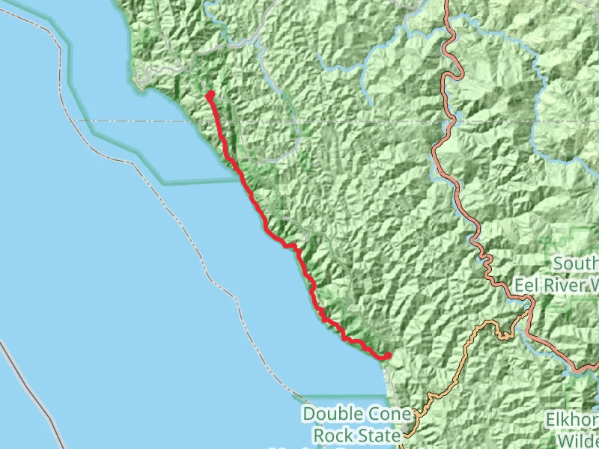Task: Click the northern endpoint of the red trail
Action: coord(210,94)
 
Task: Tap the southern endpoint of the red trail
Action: coord(388,355)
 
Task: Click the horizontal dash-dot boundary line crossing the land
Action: coord(374,120)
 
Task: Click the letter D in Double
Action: coord(308,415)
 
